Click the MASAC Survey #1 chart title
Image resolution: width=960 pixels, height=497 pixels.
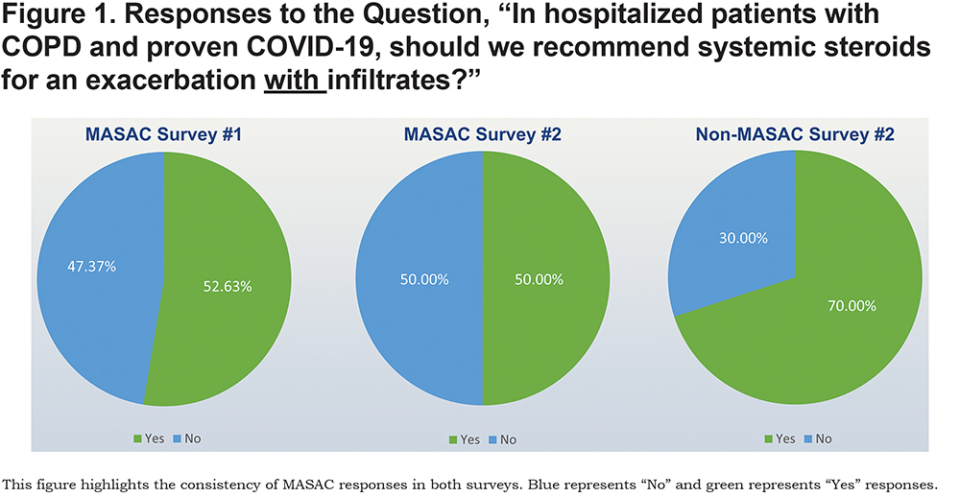click(x=163, y=134)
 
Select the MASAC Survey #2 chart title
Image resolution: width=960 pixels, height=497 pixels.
click(x=483, y=134)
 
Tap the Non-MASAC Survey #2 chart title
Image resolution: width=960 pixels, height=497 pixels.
click(x=795, y=134)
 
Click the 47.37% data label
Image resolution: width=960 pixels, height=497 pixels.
click(x=92, y=267)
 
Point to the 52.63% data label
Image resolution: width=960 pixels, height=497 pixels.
click(x=228, y=287)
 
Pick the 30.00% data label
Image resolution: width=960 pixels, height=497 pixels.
click(x=743, y=238)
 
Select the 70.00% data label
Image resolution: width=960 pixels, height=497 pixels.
click(x=852, y=305)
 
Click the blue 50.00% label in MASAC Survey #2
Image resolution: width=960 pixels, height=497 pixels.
click(x=424, y=280)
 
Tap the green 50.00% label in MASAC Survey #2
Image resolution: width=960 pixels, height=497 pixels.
click(x=539, y=280)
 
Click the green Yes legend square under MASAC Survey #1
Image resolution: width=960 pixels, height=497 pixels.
click(x=137, y=438)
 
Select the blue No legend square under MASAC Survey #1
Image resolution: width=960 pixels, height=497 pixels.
click(x=177, y=438)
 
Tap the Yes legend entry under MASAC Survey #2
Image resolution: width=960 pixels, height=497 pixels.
click(x=465, y=439)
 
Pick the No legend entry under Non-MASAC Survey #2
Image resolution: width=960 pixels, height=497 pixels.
click(x=818, y=438)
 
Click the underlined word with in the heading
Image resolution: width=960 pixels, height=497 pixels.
click(x=295, y=81)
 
